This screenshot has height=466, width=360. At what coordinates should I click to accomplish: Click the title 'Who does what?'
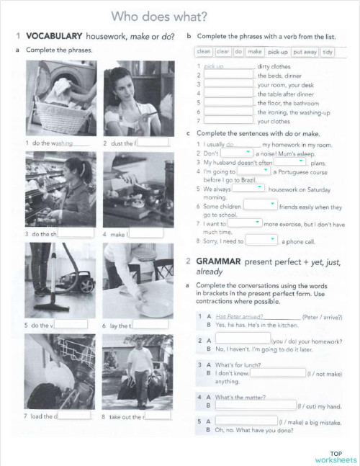(159, 15)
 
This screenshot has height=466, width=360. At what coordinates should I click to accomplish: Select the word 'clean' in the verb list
(204, 52)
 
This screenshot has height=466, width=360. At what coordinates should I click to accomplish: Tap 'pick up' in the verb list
(277, 52)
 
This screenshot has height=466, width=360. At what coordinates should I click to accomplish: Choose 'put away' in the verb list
(305, 52)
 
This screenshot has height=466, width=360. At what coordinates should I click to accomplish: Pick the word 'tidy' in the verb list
(328, 52)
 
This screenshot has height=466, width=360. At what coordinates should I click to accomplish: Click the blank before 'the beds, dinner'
(228, 75)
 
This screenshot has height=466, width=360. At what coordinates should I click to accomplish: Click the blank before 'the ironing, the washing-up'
(228, 112)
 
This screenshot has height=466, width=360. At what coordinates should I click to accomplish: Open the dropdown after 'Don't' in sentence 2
(237, 153)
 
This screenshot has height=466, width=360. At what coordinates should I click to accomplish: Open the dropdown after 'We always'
(249, 188)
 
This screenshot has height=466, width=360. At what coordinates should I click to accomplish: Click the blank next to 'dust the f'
(152, 143)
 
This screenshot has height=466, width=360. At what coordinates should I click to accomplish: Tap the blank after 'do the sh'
(76, 233)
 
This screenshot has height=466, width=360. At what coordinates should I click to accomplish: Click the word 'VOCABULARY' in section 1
(54, 35)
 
